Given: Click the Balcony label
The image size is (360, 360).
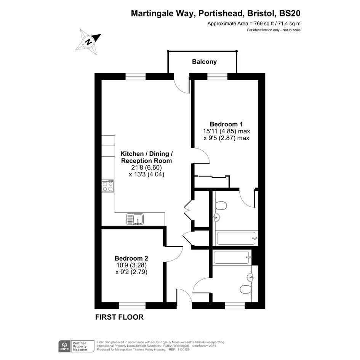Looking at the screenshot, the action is [204, 62].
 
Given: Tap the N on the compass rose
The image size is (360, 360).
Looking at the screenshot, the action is [88, 42].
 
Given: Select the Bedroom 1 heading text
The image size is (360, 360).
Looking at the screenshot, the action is [226, 124].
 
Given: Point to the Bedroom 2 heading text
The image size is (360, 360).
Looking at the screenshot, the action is [131, 258].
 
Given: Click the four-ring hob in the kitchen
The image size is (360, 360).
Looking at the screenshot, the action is [108, 186].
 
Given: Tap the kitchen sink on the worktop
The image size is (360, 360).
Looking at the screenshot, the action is [135, 219].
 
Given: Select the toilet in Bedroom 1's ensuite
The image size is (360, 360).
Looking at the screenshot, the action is [221, 205].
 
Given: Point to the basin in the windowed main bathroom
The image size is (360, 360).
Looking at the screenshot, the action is [251, 277].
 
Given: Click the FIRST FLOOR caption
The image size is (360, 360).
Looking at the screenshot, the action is [119, 317].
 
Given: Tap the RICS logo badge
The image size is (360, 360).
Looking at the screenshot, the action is [64, 346].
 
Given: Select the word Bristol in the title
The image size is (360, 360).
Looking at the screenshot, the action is [261, 13].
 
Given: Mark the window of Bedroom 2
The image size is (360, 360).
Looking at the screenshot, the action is [132, 306].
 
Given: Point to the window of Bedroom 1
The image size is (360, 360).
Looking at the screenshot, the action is [218, 77].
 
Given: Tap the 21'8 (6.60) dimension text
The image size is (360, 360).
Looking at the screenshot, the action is [147, 167].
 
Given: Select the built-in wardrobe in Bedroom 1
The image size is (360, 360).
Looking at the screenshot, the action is [212, 182].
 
